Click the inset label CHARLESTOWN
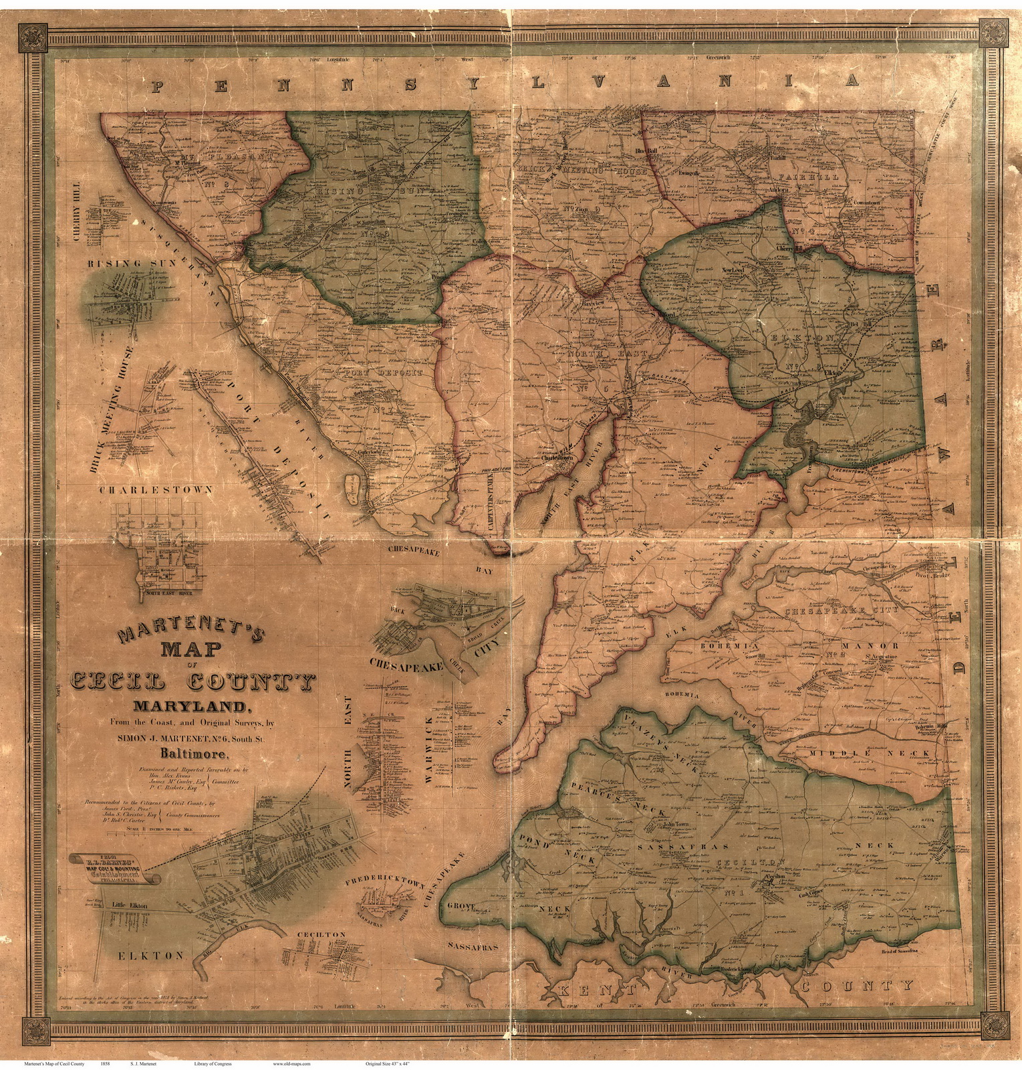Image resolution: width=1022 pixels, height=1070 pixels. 156,490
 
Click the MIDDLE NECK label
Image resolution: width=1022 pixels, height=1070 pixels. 868,753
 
